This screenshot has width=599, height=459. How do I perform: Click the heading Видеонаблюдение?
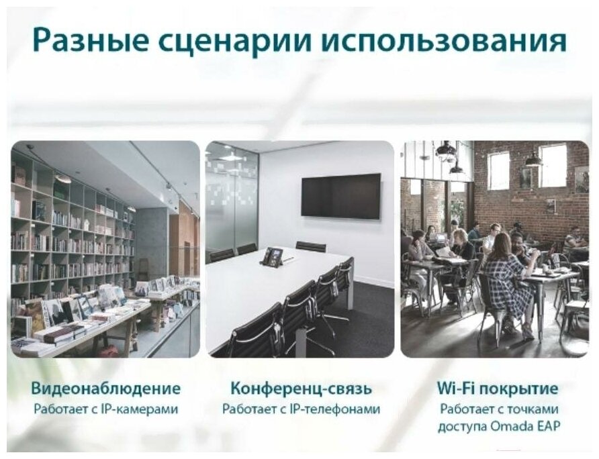(106, 389)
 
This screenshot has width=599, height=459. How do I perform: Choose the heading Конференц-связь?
(301, 389)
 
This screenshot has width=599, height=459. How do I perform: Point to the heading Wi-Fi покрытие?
(498, 389)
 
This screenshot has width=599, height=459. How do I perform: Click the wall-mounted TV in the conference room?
(340, 196)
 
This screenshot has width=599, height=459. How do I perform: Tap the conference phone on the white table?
(273, 256)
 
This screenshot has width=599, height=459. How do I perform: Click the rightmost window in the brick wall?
(552, 165)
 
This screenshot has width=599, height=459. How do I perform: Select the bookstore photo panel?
(105, 249)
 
